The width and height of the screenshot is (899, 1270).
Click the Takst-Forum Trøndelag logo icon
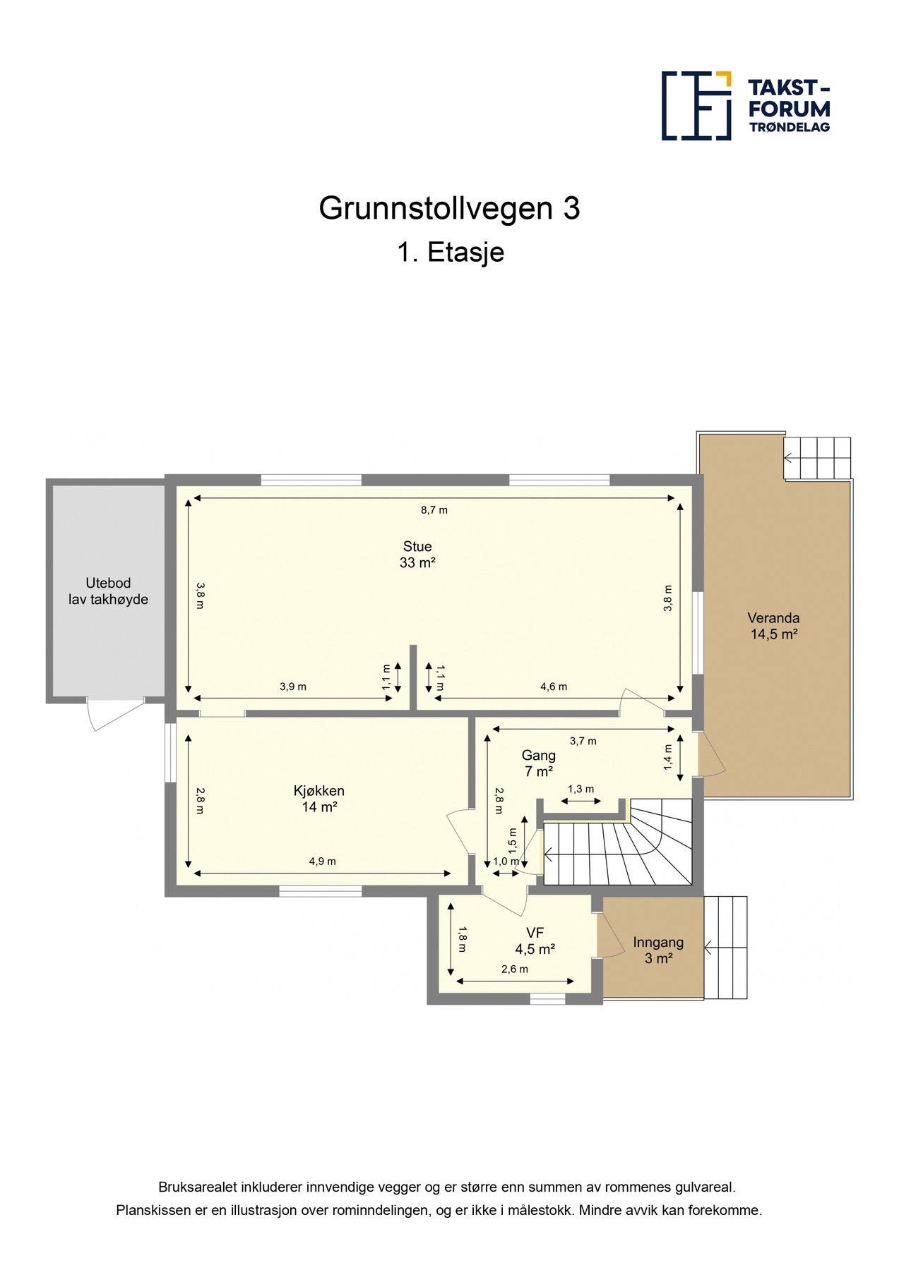tap(696, 106)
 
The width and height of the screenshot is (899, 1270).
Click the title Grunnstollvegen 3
tap(449, 208)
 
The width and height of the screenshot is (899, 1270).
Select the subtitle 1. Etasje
tap(450, 252)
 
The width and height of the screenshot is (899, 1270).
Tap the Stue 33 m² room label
tap(417, 555)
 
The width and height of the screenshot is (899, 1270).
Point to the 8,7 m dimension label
tap(434, 510)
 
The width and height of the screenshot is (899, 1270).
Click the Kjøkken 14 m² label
tap(319, 799)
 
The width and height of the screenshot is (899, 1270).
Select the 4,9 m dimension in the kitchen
tap(322, 861)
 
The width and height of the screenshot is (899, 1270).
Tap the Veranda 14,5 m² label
tap(773, 626)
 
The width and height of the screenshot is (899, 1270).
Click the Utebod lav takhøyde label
tap(108, 591)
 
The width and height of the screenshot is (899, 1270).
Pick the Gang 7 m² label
tap(538, 763)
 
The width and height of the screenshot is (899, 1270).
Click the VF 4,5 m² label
tap(535, 941)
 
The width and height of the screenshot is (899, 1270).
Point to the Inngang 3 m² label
tap(657, 950)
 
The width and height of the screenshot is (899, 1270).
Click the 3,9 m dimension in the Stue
tap(292, 687)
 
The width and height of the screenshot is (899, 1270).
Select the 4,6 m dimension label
tap(554, 687)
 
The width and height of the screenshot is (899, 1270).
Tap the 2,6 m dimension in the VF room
tap(514, 969)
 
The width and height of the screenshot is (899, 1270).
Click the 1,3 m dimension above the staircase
tap(581, 789)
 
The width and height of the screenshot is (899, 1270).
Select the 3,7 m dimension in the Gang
tap(583, 741)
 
